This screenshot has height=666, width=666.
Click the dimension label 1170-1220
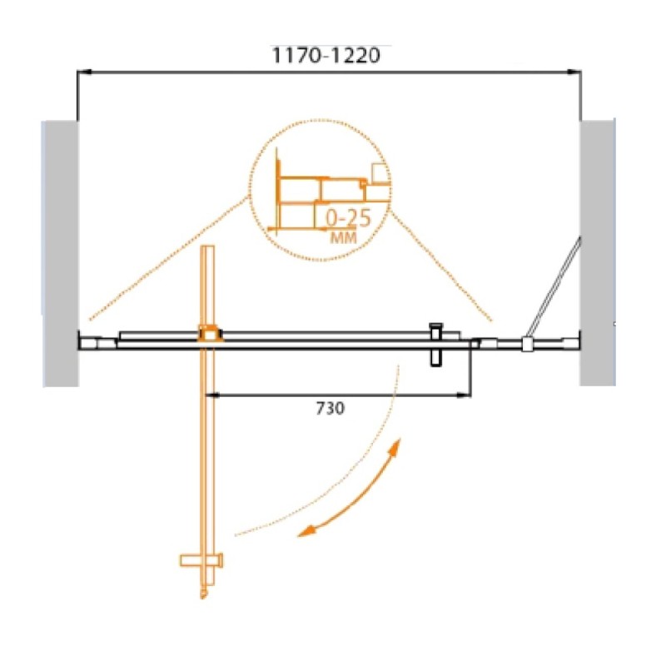pyautogui.click(x=326, y=55)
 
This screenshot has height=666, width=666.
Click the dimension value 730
pyautogui.click(x=331, y=408)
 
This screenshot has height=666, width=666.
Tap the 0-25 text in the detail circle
pyautogui.click(x=348, y=218)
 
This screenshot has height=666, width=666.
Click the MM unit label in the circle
pyautogui.click(x=344, y=238)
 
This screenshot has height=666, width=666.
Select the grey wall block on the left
pyautogui.click(x=60, y=254)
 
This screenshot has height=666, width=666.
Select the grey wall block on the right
pyautogui.click(x=598, y=253)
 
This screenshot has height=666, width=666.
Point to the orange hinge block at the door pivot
pyautogui.click(x=210, y=334)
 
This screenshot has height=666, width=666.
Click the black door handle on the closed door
pyautogui.click(x=436, y=345)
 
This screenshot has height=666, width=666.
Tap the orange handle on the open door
pyautogui.click(x=201, y=560)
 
